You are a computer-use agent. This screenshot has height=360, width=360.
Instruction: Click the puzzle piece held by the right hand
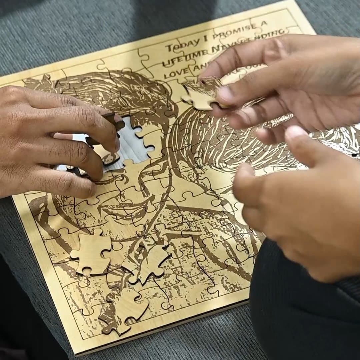202,93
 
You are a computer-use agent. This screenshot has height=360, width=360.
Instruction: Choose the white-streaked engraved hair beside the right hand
217,147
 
